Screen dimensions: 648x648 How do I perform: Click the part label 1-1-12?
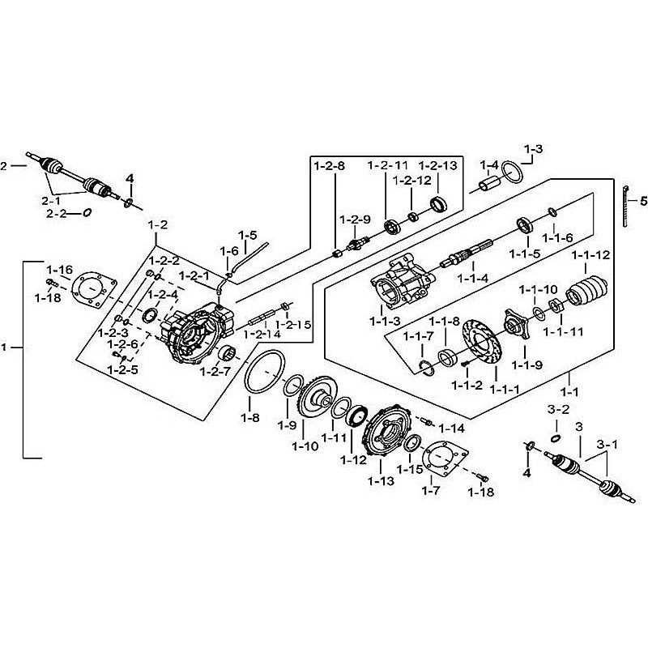click(x=590, y=256)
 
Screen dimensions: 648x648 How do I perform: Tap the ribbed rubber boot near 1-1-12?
click(x=590, y=293)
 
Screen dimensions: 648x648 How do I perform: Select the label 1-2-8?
click(x=330, y=165)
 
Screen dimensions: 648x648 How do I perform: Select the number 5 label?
click(x=644, y=200)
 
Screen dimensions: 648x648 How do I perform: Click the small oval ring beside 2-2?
click(x=87, y=214)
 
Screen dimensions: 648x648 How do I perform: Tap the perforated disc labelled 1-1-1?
click(x=484, y=349)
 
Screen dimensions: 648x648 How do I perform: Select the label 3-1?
click(x=607, y=444)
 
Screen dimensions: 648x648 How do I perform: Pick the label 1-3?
click(x=533, y=149)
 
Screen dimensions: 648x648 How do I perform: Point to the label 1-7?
click(x=432, y=489)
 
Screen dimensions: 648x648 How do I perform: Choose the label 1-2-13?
click(x=438, y=165)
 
